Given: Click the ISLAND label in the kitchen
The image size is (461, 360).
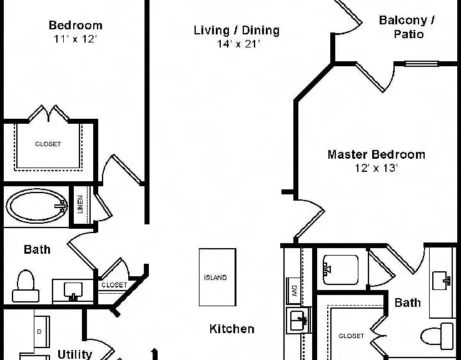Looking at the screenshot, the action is [x=215, y=277].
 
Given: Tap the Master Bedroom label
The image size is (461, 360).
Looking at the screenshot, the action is [x=377, y=154].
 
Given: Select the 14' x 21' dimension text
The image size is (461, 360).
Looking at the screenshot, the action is [x=238, y=44].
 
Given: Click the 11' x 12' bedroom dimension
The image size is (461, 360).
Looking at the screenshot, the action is [x=75, y=39].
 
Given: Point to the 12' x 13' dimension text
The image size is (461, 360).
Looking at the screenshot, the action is [x=377, y=167].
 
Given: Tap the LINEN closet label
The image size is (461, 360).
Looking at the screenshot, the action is [x=80, y=204].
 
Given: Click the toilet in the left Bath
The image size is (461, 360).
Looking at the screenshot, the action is [x=26, y=286].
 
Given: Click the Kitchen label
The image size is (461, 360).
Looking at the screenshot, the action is [x=232, y=329].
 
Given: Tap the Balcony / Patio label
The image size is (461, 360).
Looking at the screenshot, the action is [x=408, y=27].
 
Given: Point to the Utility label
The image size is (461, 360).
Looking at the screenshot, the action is [x=74, y=354].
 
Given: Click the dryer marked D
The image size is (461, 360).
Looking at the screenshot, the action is [x=41, y=331].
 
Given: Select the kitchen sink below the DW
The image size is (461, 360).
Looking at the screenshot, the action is [x=298, y=321].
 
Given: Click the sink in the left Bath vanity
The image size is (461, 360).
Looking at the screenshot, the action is [x=73, y=291].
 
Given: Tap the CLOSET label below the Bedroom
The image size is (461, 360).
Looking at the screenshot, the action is [x=48, y=144].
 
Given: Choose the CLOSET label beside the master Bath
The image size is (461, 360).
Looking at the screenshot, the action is [x=352, y=336].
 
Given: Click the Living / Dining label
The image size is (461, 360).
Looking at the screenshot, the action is [x=236, y=30].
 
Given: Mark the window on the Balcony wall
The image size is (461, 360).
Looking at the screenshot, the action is [x=422, y=64].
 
